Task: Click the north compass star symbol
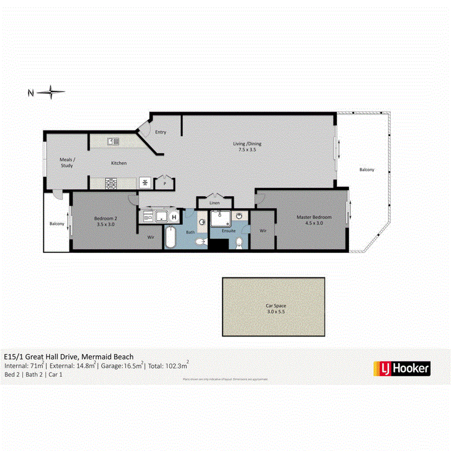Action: point(51,92)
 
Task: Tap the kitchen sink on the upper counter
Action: point(113,142)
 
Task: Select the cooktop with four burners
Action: point(111,183)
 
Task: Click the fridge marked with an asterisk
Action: point(145,183)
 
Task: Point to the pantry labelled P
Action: point(164,184)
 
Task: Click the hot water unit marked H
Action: point(174,217)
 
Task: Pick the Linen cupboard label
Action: point(214,203)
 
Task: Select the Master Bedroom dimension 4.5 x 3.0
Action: point(314,223)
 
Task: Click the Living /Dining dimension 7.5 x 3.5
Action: point(248,149)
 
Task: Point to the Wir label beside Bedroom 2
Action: point(150,238)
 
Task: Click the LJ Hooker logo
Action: point(402,368)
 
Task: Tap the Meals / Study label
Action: point(67,162)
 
